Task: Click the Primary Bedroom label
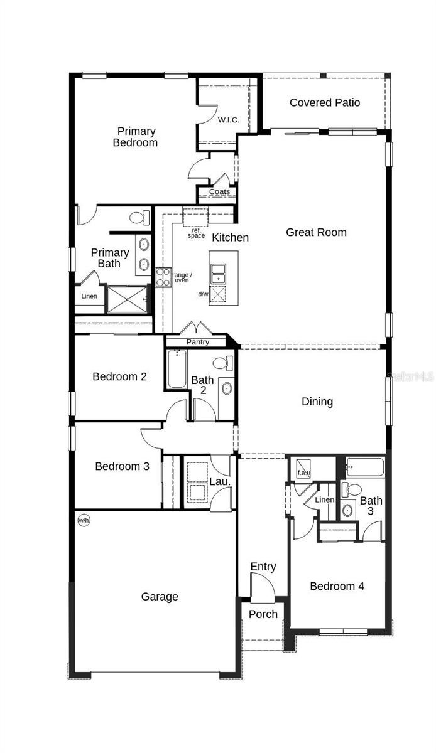point(136,137)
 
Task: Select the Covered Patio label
point(325,102)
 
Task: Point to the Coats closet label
point(219,191)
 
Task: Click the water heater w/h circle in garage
point(83,520)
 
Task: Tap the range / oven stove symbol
point(163,277)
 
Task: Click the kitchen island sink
point(218,272)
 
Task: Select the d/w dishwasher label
point(203,294)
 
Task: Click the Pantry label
point(197,343)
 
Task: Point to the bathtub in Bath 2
point(177,370)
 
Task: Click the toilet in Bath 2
point(222,363)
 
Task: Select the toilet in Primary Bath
point(139,218)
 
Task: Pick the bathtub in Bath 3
point(365,468)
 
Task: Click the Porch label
point(263,614)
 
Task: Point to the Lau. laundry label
point(218,482)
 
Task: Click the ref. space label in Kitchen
point(197,233)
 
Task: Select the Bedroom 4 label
point(337,586)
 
